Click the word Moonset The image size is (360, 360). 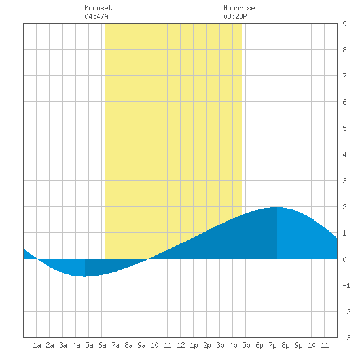(98, 8)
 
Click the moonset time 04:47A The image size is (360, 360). (96, 16)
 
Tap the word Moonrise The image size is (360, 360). (239, 8)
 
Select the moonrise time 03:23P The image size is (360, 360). (235, 16)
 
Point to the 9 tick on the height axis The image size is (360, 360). (344, 24)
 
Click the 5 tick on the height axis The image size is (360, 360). (344, 128)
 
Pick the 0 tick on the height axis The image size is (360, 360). (344, 259)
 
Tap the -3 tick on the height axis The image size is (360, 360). (346, 338)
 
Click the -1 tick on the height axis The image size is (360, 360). (346, 285)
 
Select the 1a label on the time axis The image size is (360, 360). (37, 345)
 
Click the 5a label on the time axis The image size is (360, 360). (89, 345)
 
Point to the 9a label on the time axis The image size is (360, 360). (141, 345)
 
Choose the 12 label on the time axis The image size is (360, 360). (181, 345)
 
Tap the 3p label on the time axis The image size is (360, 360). (220, 345)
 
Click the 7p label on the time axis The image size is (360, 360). (272, 345)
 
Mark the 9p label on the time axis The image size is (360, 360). (298, 345)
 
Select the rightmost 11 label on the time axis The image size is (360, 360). (325, 345)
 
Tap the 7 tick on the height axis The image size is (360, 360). (344, 76)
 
